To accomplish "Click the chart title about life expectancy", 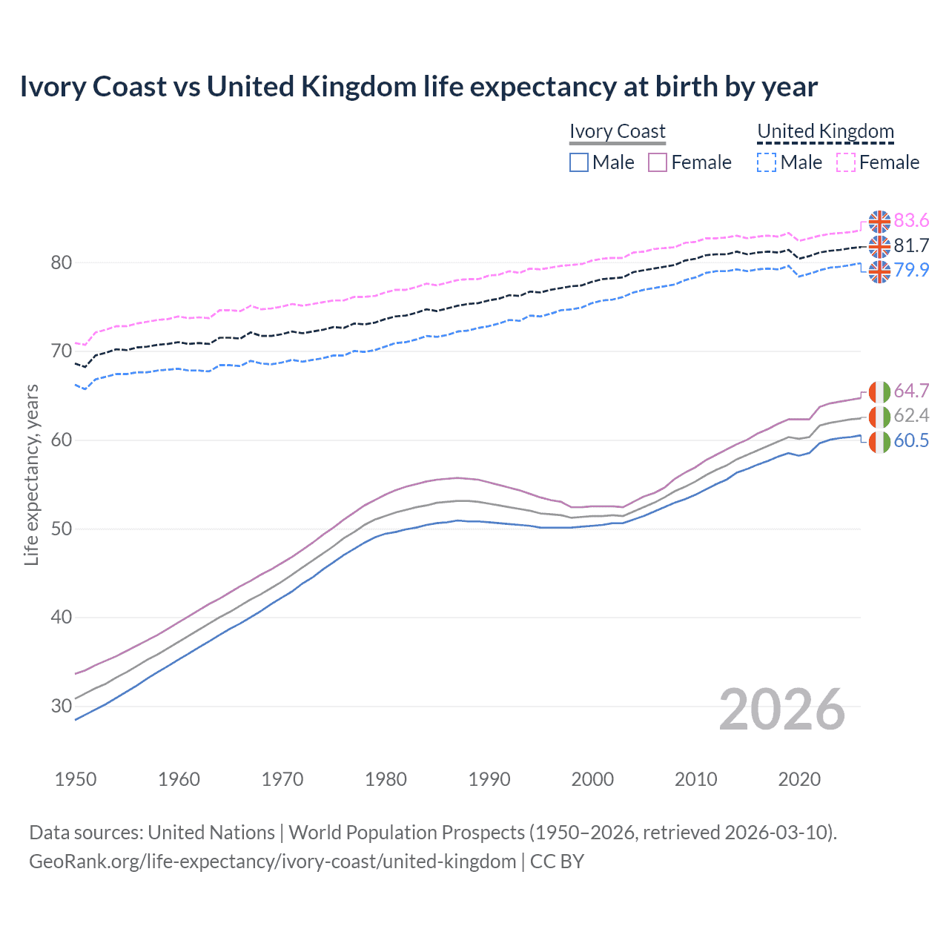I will click(418, 87).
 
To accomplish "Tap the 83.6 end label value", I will click(911, 220).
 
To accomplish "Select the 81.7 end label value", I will click(911, 245).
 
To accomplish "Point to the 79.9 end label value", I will click(911, 270).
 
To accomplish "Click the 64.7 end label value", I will click(911, 391).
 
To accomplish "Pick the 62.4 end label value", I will click(911, 415).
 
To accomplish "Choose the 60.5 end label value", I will click(911, 440).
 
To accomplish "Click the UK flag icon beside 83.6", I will click(879, 221).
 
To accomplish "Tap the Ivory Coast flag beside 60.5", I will click(879, 441).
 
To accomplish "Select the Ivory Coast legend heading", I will click(618, 131).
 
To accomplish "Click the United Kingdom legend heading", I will click(825, 131).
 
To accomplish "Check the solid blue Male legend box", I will click(579, 162).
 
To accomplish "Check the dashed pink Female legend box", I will click(846, 162).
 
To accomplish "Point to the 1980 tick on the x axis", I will click(386, 779).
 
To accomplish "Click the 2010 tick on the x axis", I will click(695, 779).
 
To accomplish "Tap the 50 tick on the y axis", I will click(62, 529).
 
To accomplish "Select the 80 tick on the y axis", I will click(62, 262).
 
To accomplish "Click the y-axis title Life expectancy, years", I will click(31, 474).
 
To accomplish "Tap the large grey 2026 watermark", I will click(782, 710).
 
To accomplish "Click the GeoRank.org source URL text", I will click(272, 862).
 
